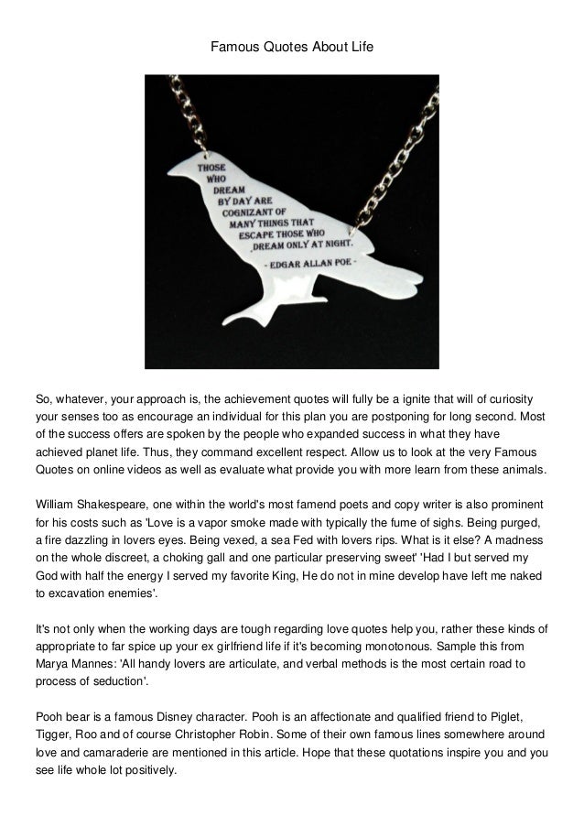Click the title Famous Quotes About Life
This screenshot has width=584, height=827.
coord(292,43)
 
